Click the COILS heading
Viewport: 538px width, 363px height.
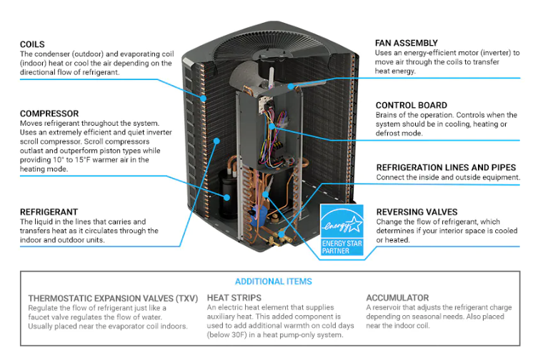(x=33, y=44)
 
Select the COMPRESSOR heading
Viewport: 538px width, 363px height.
(x=49, y=114)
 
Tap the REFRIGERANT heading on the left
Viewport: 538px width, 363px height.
(x=49, y=212)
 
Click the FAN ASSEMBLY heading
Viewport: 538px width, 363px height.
(x=407, y=44)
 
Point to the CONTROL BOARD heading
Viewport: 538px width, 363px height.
(x=412, y=105)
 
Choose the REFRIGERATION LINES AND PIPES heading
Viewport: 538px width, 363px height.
(x=446, y=167)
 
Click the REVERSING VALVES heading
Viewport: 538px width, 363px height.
(x=417, y=212)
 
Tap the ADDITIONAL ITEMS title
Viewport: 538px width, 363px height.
(x=273, y=282)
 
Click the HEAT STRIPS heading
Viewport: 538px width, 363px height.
(x=234, y=297)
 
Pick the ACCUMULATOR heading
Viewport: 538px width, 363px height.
(x=397, y=297)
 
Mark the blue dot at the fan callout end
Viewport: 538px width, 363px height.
(x=293, y=86)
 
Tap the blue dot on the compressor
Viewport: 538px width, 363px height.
(x=228, y=197)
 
